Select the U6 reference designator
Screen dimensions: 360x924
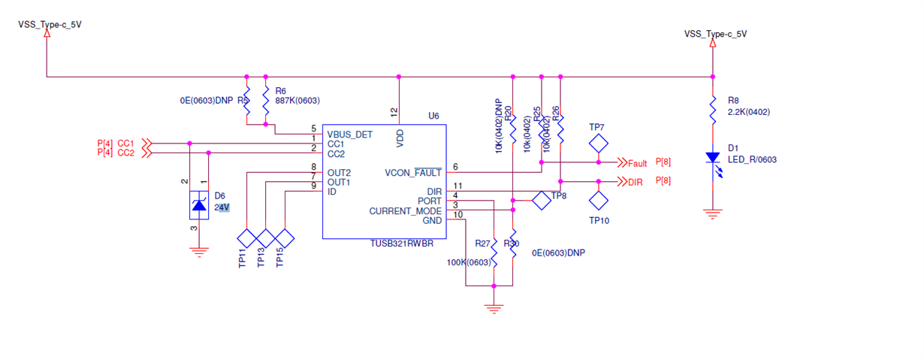point(433,116)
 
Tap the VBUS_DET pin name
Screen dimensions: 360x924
point(349,135)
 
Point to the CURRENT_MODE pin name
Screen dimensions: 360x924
point(405,211)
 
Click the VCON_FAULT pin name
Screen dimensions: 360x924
point(412,172)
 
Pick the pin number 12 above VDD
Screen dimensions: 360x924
point(394,111)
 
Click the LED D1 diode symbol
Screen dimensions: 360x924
point(711,159)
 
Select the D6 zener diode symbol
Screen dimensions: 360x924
point(198,204)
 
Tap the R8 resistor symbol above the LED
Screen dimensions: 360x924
point(711,110)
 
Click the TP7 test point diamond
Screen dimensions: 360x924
point(598,143)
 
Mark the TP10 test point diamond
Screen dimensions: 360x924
point(598,200)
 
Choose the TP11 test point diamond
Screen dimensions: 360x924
point(247,238)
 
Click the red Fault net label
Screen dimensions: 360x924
point(637,163)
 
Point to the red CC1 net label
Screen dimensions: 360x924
point(125,143)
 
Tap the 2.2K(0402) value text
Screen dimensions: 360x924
point(749,112)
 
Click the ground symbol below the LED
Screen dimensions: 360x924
point(711,214)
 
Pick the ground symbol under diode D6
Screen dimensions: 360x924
point(198,252)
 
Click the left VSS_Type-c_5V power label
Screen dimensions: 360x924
point(50,25)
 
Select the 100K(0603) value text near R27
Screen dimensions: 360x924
point(468,262)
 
